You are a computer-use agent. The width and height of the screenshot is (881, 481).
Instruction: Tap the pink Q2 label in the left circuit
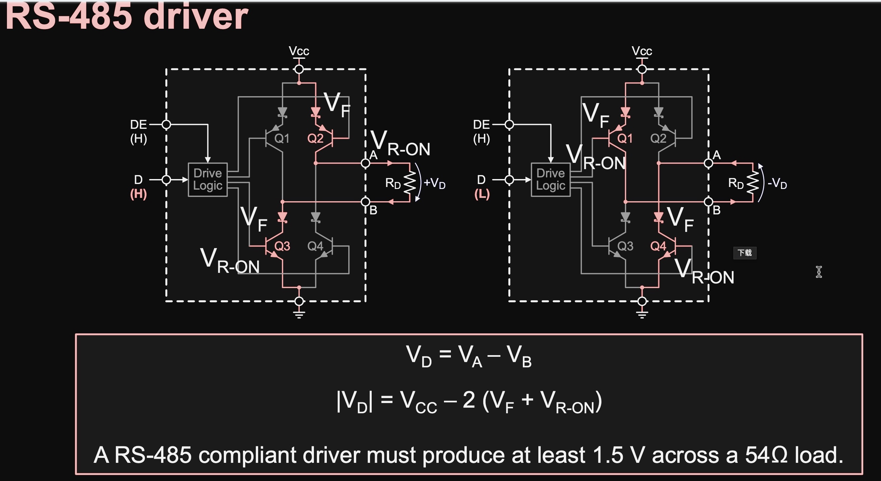point(315,139)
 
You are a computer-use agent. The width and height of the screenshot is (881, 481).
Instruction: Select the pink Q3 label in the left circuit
point(282,246)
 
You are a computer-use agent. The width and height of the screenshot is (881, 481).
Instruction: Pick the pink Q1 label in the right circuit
point(625,139)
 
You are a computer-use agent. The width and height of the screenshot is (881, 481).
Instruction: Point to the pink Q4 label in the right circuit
point(658,246)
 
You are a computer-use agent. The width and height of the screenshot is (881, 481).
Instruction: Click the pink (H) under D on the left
point(139,194)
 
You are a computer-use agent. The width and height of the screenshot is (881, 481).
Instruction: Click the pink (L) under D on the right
point(482,194)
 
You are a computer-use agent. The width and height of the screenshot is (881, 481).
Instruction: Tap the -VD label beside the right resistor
point(777,183)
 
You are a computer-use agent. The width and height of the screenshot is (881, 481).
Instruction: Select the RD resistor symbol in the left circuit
point(410,182)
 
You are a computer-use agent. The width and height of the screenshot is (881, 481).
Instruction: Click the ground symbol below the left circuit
point(299,314)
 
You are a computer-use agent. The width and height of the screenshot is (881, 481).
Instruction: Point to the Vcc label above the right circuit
point(642,51)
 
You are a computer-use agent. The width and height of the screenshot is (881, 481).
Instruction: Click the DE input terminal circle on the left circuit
point(166,125)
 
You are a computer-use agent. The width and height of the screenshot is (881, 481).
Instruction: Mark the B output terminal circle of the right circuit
point(709,202)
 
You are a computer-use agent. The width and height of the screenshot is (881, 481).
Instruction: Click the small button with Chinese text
point(745,253)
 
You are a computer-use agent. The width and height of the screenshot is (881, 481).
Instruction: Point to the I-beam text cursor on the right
point(819,272)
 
